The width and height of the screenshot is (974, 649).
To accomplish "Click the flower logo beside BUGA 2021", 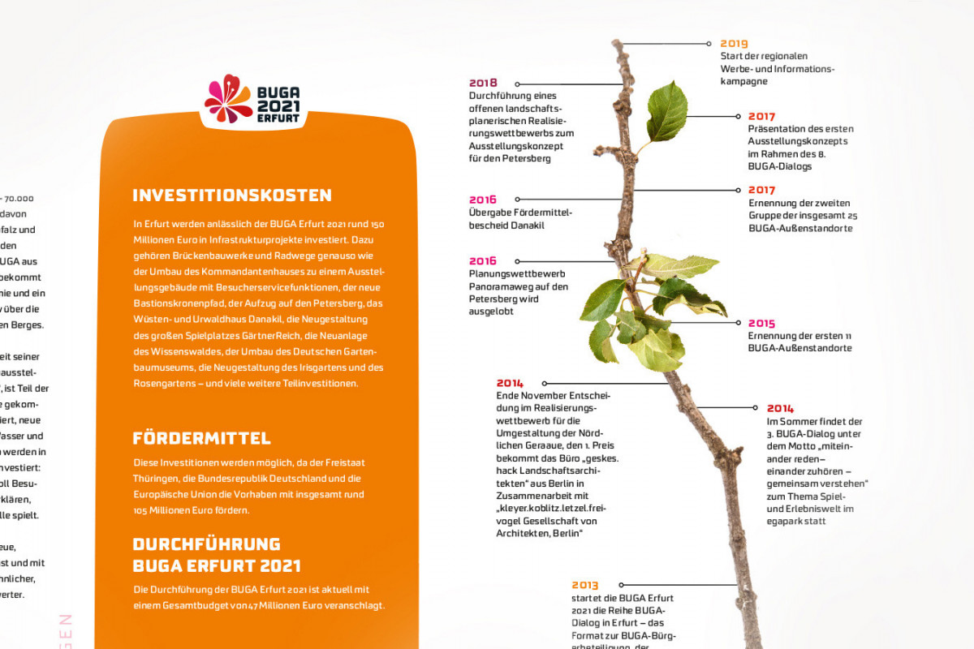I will (x=228, y=98).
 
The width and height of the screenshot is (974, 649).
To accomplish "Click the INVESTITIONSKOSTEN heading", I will (x=232, y=196).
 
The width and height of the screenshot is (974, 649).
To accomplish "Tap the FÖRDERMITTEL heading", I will (x=201, y=439).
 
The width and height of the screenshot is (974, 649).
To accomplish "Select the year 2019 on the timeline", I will (x=734, y=44).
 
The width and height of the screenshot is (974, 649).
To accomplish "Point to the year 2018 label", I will (x=483, y=83).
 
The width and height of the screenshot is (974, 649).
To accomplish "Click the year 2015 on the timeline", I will (x=761, y=323).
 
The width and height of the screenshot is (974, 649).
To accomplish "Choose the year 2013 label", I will (x=584, y=585).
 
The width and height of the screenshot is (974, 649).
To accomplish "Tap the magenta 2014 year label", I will (x=510, y=383).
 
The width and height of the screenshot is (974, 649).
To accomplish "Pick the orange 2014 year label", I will (x=780, y=409).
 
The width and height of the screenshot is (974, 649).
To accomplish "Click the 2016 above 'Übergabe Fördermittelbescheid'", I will (x=483, y=200).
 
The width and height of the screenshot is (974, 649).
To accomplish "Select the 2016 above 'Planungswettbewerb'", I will (x=483, y=261).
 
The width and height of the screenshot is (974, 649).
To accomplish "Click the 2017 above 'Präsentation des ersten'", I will (x=761, y=117).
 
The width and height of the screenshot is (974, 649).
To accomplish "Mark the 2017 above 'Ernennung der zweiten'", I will (x=761, y=191).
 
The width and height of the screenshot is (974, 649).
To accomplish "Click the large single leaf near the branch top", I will (x=667, y=111).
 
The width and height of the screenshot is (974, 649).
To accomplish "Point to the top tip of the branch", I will (x=617, y=42).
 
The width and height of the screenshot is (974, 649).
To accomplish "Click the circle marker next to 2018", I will (x=518, y=83).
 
